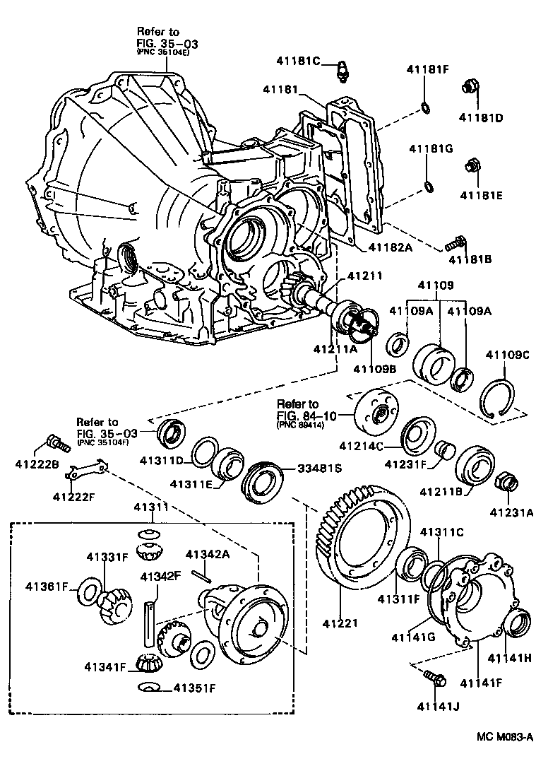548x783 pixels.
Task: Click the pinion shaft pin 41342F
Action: tap(150, 623)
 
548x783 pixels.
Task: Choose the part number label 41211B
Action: tap(442, 490)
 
